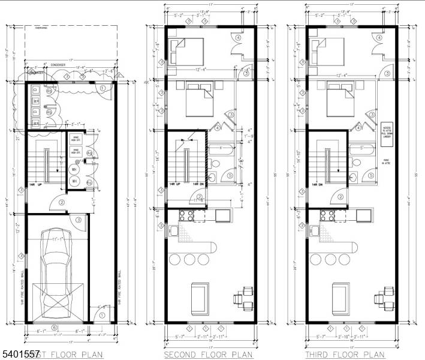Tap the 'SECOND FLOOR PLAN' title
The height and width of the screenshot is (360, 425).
click(x=209, y=355)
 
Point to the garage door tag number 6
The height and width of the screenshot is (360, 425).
click(x=55, y=327)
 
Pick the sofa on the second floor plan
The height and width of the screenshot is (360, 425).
click(x=198, y=298)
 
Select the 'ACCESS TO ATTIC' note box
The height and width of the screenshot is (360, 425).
click(x=387, y=130)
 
